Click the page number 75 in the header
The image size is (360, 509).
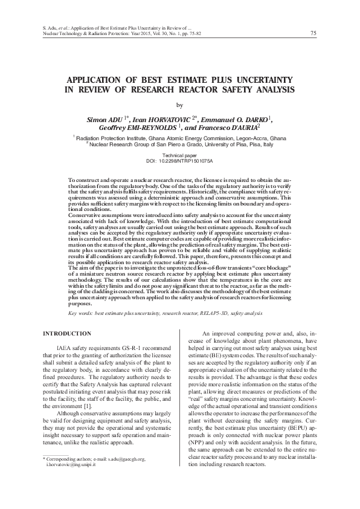pyautogui.click(x=313, y=33)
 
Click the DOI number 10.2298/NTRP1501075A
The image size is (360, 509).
pyautogui.click(x=188, y=162)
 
